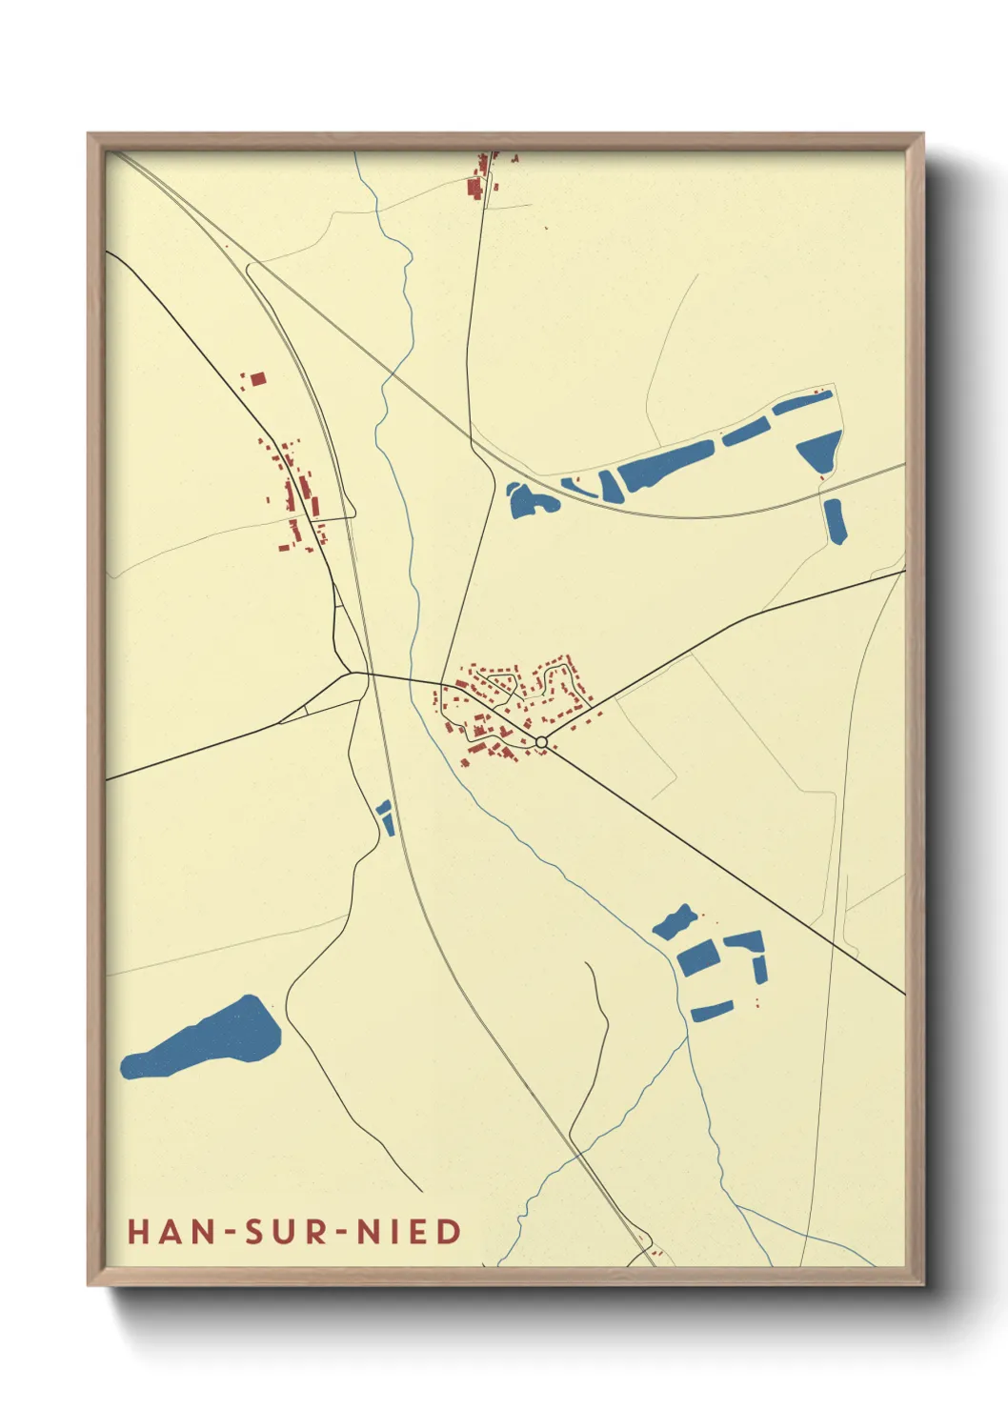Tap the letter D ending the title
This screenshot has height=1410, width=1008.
tap(450, 1232)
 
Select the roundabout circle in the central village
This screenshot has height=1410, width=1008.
tap(541, 742)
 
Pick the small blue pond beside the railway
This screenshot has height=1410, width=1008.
tap(386, 817)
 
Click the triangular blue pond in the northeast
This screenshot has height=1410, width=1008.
tap(820, 449)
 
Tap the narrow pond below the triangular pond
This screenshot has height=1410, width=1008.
tap(835, 520)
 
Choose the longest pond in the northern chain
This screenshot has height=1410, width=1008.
tap(666, 465)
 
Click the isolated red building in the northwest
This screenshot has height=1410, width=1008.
tap(257, 379)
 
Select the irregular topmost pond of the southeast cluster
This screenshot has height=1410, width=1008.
tap(675, 920)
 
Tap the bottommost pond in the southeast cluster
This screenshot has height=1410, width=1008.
tap(712, 1011)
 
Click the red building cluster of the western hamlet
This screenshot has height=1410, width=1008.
tap(295, 491)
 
